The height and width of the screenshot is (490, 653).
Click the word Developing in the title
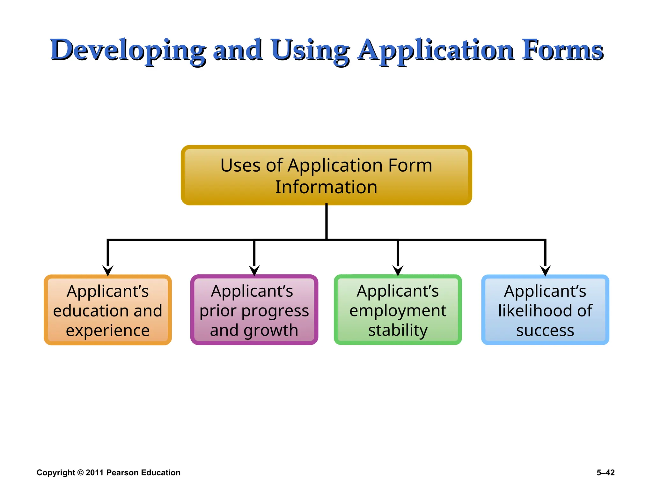click(x=128, y=50)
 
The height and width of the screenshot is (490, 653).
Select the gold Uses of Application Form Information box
click(x=326, y=175)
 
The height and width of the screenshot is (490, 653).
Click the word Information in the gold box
click(x=326, y=187)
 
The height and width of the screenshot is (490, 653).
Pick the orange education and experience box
click(x=108, y=310)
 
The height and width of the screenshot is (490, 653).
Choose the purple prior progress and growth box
click(x=254, y=310)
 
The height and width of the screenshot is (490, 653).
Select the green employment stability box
click(x=398, y=310)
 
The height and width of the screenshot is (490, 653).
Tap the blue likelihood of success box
click(x=545, y=310)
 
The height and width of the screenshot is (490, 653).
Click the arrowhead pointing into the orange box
click(x=108, y=271)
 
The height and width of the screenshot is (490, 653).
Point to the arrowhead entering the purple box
click(x=254, y=271)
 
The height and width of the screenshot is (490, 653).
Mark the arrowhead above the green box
click(x=398, y=271)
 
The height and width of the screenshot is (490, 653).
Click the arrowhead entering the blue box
click(x=545, y=271)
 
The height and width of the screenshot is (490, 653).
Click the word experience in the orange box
click(x=108, y=330)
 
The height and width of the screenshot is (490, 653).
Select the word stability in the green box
click(x=398, y=330)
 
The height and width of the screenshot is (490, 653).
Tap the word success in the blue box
click(x=545, y=330)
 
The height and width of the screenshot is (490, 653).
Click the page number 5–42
click(x=605, y=472)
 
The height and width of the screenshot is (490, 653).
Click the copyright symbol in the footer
click(x=80, y=472)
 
